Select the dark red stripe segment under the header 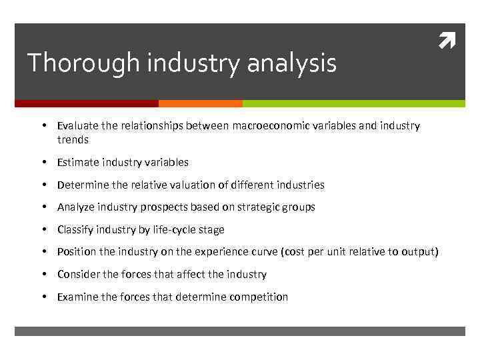(x=87, y=103)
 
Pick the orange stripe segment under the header (x=201, y=103)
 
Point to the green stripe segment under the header (x=353, y=103)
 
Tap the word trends (x=73, y=140)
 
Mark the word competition (x=259, y=297)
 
